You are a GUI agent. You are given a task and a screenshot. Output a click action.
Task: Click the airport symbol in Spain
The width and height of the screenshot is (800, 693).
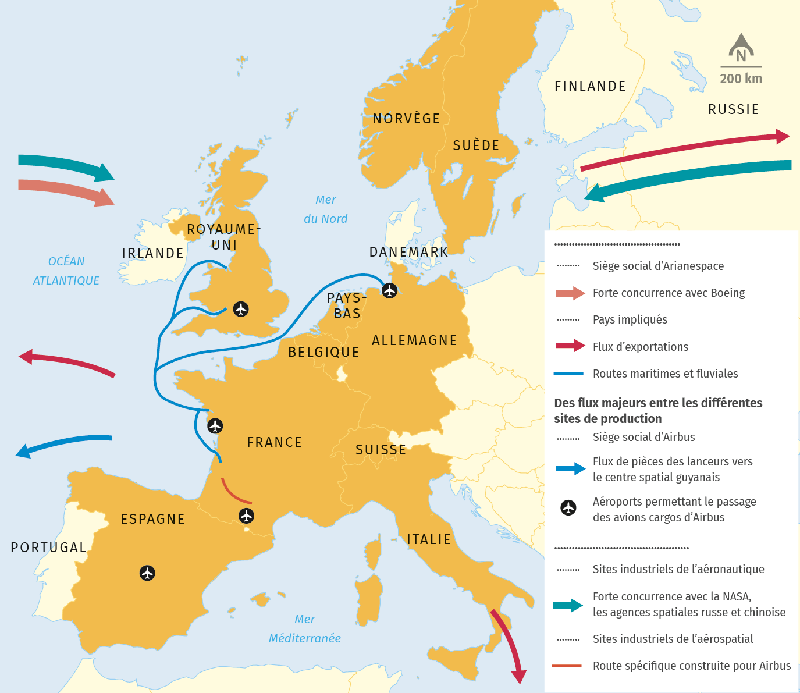pos(147,573)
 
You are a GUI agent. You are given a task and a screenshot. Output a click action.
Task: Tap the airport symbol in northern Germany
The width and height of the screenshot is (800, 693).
pos(389,290)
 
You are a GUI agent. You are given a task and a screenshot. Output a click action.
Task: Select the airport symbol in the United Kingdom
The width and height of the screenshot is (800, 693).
pos(241,309)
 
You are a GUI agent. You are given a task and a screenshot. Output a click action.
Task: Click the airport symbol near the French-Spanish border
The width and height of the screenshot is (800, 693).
pos(247,516)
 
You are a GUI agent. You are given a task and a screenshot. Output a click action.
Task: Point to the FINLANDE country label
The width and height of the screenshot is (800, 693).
pos(590,87)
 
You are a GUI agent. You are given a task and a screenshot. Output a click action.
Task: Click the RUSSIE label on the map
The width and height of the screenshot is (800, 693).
pos(733,110)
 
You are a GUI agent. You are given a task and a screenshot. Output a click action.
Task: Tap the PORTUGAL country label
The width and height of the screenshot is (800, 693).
pos(49,548)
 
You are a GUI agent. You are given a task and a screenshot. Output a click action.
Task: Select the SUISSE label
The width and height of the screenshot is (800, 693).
pos(381,450)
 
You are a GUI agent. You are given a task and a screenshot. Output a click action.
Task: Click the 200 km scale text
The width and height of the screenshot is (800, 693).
pos(741,79)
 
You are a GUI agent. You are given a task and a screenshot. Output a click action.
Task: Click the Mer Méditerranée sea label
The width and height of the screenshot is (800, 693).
pos(305,629)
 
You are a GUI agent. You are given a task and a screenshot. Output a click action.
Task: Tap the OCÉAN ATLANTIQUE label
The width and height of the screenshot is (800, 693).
pos(66,271)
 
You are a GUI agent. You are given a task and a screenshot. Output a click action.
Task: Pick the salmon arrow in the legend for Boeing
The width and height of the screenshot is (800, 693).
pos(570,293)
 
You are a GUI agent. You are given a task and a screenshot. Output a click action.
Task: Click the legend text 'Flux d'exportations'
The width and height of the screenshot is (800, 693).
pos(640,347)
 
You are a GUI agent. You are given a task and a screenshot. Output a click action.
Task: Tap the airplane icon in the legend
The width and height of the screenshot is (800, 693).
pos(568,508)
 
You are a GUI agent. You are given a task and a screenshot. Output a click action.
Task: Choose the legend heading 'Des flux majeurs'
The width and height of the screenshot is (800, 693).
pos(657,411)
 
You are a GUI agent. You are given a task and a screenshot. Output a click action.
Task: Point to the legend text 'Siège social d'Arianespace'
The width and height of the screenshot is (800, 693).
pos(658,266)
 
